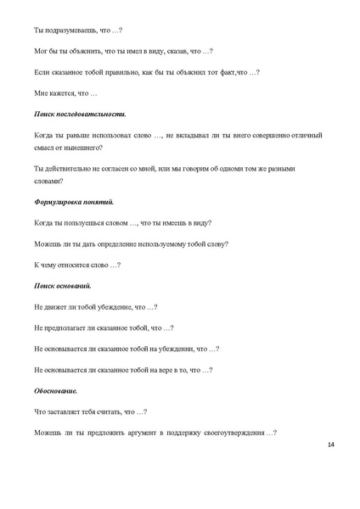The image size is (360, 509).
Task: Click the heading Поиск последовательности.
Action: [x=80, y=113]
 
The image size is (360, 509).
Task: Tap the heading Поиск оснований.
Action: [x=65, y=286]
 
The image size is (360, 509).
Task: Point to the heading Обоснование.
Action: [x=56, y=391]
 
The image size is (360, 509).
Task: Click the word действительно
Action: [x=74, y=170]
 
